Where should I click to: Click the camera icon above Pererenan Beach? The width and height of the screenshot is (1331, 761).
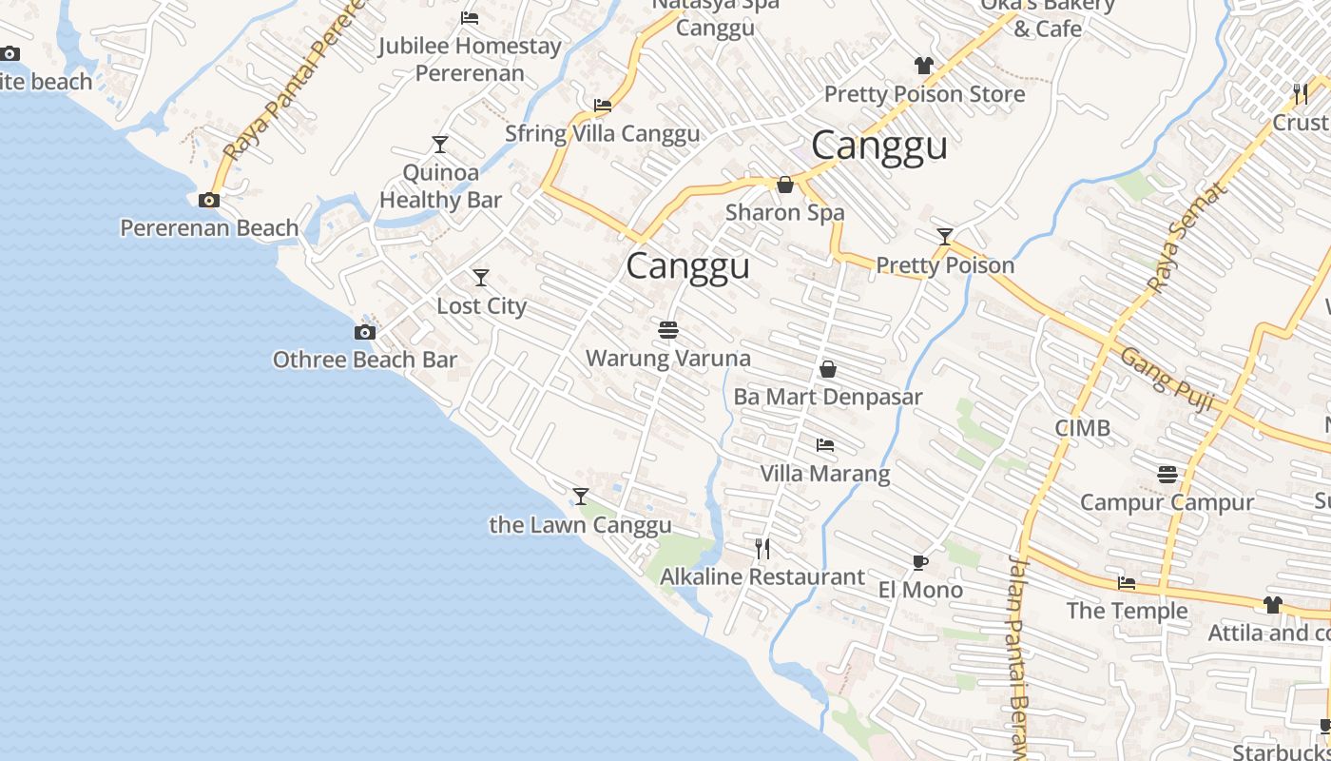click(209, 200)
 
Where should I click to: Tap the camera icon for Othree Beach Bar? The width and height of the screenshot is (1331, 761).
click(364, 332)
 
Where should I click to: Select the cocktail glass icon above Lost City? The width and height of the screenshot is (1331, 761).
click(481, 278)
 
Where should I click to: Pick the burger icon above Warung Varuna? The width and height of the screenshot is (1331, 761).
click(667, 330)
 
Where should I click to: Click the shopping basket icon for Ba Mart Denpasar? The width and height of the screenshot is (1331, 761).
click(828, 369)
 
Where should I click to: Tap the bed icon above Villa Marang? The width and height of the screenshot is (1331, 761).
click(824, 444)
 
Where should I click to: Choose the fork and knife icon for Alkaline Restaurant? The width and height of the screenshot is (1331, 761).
click(762, 549)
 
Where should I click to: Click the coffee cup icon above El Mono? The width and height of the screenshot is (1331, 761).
click(919, 562)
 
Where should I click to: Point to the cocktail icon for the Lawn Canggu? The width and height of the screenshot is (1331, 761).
click(580, 497)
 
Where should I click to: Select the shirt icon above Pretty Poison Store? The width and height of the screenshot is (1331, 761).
click(923, 66)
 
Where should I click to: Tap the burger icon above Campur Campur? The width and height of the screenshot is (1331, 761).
click(1167, 474)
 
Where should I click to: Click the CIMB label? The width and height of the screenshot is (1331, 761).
click(1082, 428)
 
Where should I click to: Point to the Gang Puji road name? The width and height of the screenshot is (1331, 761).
click(1167, 380)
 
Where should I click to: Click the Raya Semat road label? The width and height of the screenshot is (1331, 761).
click(1187, 237)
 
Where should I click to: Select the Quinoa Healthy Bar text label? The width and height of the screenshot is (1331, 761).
click(440, 186)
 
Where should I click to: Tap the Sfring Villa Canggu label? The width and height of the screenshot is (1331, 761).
click(602, 133)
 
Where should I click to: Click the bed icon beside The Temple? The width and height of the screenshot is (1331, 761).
click(1127, 583)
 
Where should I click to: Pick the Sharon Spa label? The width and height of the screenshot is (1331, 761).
click(784, 212)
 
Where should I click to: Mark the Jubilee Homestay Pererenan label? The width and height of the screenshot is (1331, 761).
click(470, 59)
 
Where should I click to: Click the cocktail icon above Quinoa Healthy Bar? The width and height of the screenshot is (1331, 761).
click(439, 145)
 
